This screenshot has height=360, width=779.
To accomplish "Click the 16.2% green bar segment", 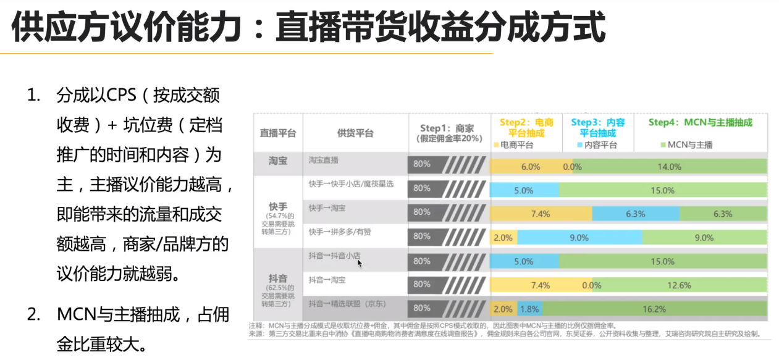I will point(654,309).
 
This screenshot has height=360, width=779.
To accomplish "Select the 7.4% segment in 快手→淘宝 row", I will point(541,214).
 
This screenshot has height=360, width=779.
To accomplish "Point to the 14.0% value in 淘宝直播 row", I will point(669,167).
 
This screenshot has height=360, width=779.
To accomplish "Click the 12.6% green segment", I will point(680,285).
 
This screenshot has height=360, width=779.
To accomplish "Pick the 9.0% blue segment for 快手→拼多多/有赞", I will point(579,238).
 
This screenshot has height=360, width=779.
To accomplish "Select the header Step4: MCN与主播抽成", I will point(700,122).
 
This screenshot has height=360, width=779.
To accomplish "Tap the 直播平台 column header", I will point(277,133).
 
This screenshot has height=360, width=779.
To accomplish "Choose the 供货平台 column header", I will point(355,133).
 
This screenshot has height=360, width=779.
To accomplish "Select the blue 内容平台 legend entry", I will point(594,145).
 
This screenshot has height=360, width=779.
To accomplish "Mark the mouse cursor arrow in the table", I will point(359,263).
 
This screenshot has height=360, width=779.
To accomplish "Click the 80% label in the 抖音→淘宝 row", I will point(422,285).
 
